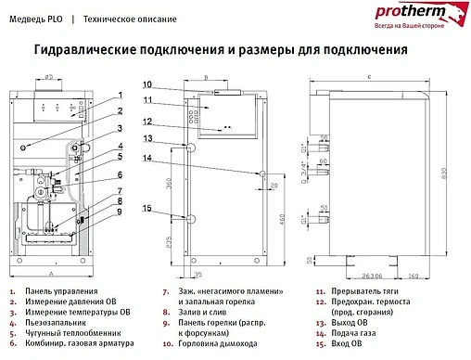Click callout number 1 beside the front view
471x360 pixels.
tap(121, 96)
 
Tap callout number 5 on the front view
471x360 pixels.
tap(121, 157)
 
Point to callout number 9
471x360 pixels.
tap(121, 212)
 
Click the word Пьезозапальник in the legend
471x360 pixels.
tap(56, 323)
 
